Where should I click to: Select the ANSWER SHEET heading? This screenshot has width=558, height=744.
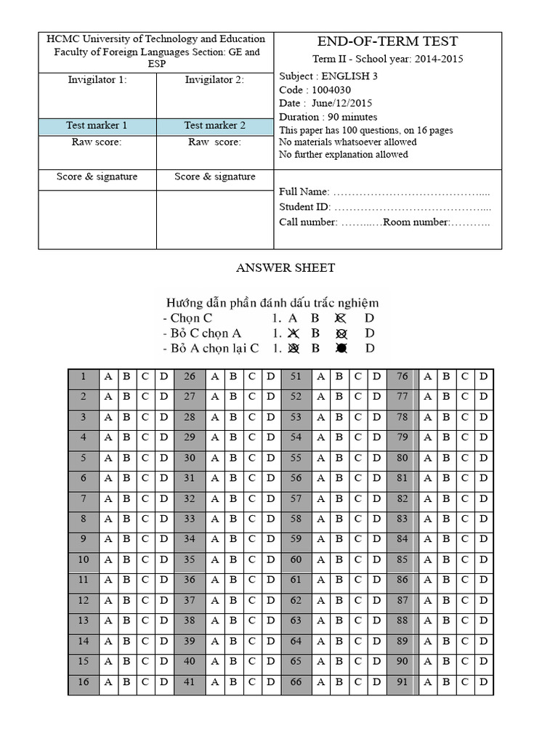pos(286,268)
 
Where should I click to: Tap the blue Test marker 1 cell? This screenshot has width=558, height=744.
pos(97,126)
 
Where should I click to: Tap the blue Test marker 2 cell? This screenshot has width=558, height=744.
pos(214,126)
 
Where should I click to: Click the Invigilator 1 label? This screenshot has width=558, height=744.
pos(97,80)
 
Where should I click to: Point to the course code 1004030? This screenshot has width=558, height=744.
pos(331,90)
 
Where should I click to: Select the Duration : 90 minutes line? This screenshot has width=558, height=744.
pos(328,117)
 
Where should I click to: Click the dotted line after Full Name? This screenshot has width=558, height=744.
pos(411,193)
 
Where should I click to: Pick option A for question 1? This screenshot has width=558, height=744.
pos(108,376)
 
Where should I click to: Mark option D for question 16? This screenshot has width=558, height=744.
pos(163,682)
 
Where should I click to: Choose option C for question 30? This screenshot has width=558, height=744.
pos(252,458)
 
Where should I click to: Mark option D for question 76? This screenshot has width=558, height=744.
pos(482,376)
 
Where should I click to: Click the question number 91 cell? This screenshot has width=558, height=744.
pos(402,682)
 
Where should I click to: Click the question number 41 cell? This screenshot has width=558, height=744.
pos(190,682)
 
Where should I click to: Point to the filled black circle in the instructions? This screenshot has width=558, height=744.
pos(341,348)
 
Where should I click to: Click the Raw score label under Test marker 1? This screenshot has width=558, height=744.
pos(97,142)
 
